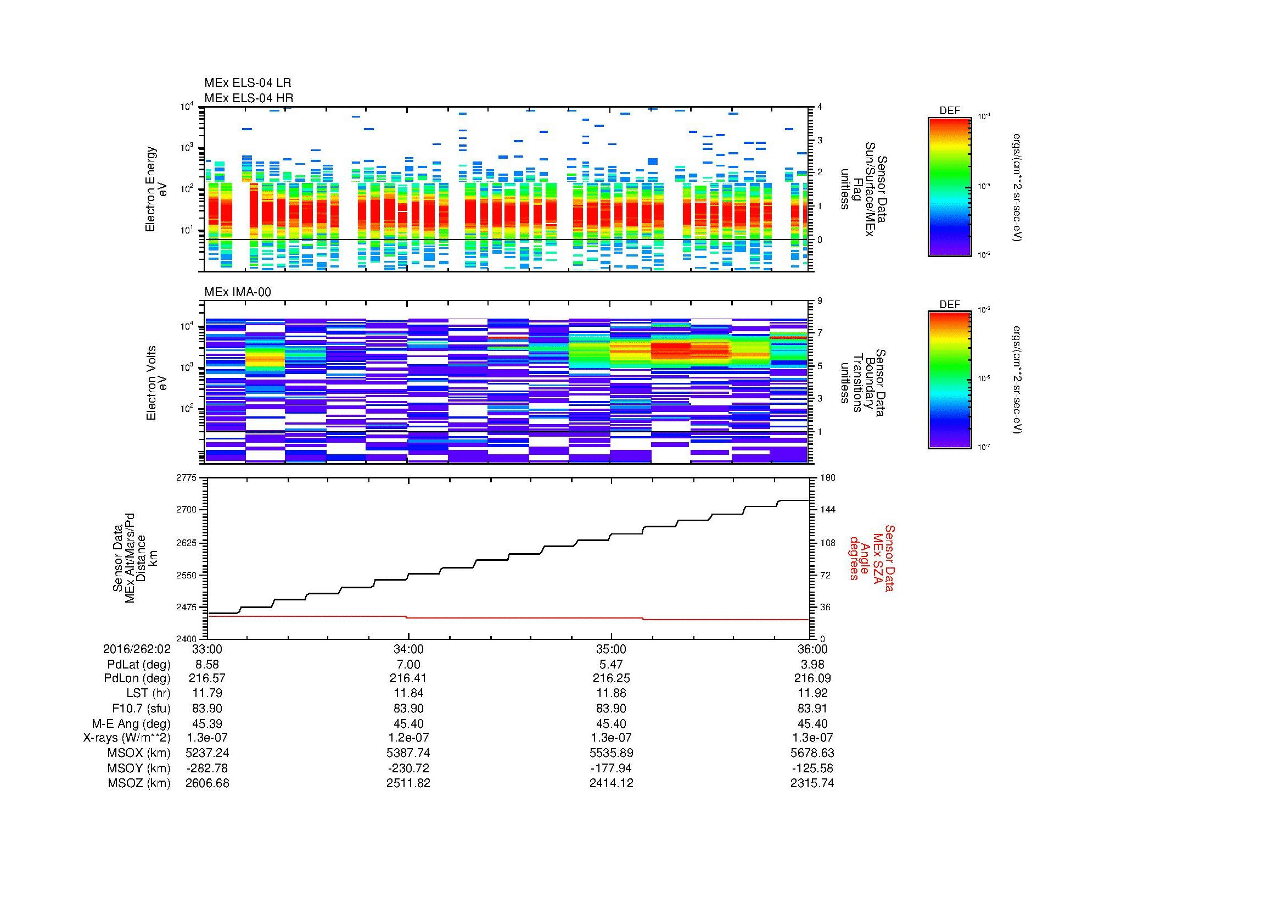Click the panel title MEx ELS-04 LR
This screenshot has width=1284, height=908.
point(247,83)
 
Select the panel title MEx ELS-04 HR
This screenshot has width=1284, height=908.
point(248,98)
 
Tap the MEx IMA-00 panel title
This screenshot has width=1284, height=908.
point(237,292)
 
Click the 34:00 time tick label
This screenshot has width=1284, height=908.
point(408,649)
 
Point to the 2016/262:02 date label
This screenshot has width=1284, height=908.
point(137,649)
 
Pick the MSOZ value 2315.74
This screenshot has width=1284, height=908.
point(812,783)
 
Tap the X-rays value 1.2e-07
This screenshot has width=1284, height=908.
point(408,738)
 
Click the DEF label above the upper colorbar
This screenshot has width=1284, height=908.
point(950,111)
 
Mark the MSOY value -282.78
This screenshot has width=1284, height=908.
point(207,768)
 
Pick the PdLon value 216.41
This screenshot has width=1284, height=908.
point(408,678)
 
